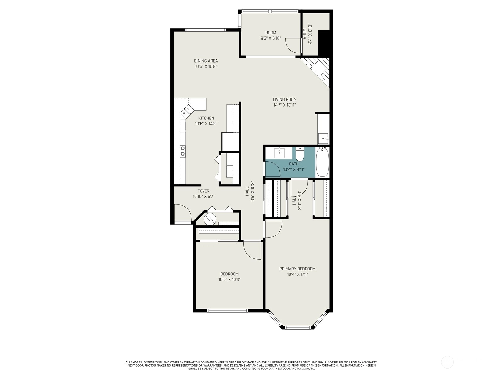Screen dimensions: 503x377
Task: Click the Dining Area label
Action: coord(206,61)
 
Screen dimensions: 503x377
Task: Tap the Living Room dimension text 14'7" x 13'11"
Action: coord(285,105)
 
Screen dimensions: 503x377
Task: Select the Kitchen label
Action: coord(206,118)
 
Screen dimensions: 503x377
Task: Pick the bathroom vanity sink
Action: coord(279,153)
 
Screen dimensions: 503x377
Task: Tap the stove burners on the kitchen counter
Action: coord(183,151)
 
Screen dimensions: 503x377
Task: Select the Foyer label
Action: coord(203,191)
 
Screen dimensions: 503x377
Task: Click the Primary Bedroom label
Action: coord(297,269)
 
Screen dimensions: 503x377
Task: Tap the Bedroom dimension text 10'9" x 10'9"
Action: coord(229,280)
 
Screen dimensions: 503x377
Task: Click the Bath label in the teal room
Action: coord(294,164)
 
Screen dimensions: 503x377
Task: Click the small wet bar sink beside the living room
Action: coord(323,138)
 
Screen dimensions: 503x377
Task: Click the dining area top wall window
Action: coord(206,30)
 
